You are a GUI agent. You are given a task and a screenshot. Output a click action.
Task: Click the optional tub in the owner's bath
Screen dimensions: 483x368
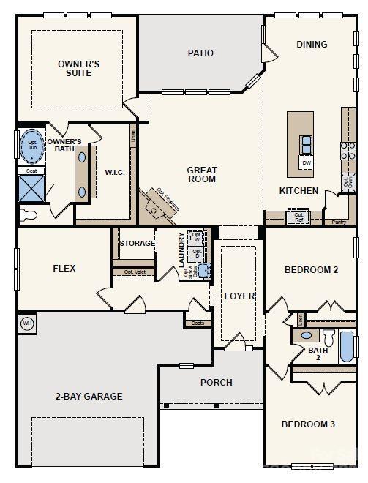32,145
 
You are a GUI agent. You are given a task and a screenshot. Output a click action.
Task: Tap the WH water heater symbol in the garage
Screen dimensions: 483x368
27,323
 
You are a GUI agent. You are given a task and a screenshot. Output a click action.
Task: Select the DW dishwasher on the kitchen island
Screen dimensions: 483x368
307,162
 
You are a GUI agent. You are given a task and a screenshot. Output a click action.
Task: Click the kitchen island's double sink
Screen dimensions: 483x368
307,142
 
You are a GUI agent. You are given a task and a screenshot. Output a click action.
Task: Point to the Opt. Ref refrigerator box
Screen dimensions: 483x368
298,217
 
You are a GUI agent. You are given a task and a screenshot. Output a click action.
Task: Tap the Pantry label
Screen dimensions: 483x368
338,221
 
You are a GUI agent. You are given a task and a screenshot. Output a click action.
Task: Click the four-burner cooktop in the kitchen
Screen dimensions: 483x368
348,150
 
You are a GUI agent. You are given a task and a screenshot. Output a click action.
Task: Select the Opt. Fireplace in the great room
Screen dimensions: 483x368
161,204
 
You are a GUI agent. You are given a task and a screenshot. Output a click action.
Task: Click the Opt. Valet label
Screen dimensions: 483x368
134,272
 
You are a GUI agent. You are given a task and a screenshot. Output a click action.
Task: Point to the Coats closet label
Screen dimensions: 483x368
197,323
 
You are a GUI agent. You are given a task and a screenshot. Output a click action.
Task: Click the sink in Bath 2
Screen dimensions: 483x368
307,336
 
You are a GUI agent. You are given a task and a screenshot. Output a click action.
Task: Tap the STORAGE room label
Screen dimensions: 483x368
137,243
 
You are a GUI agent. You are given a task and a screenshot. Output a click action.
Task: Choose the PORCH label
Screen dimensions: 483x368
216,382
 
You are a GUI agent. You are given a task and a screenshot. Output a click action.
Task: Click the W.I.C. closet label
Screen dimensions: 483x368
115,173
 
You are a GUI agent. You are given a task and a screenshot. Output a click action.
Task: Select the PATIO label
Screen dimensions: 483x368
200,53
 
